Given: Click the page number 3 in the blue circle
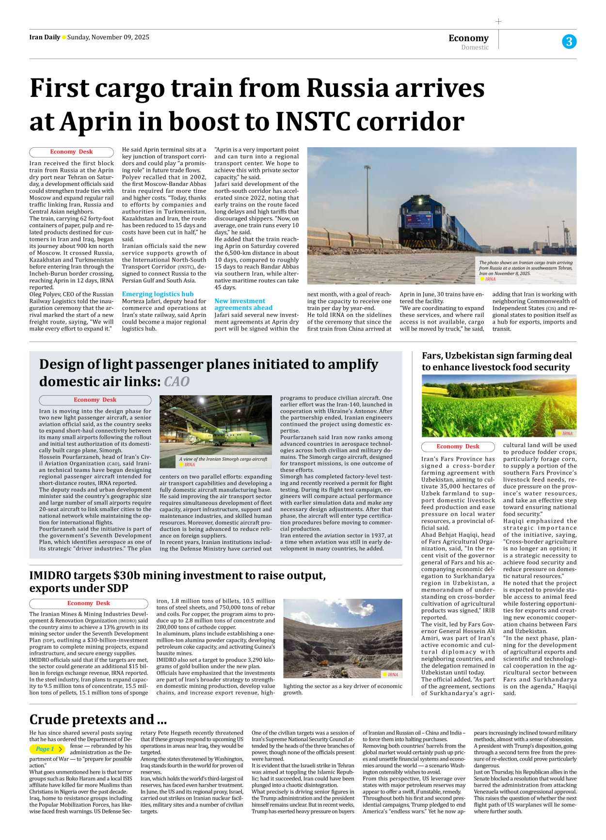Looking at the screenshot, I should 569,42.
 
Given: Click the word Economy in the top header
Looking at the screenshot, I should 468,38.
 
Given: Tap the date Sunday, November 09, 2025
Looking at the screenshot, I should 108,37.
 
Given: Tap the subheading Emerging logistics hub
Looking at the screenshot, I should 158,294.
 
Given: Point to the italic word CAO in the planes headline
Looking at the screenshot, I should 176,382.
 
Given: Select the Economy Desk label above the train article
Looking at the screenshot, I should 71,152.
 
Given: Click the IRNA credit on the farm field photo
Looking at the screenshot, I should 567,434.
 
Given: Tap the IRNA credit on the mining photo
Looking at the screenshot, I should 392,674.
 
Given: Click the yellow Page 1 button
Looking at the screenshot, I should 47,749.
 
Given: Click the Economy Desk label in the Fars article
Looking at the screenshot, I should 458,447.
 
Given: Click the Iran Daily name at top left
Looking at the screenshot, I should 45,37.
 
